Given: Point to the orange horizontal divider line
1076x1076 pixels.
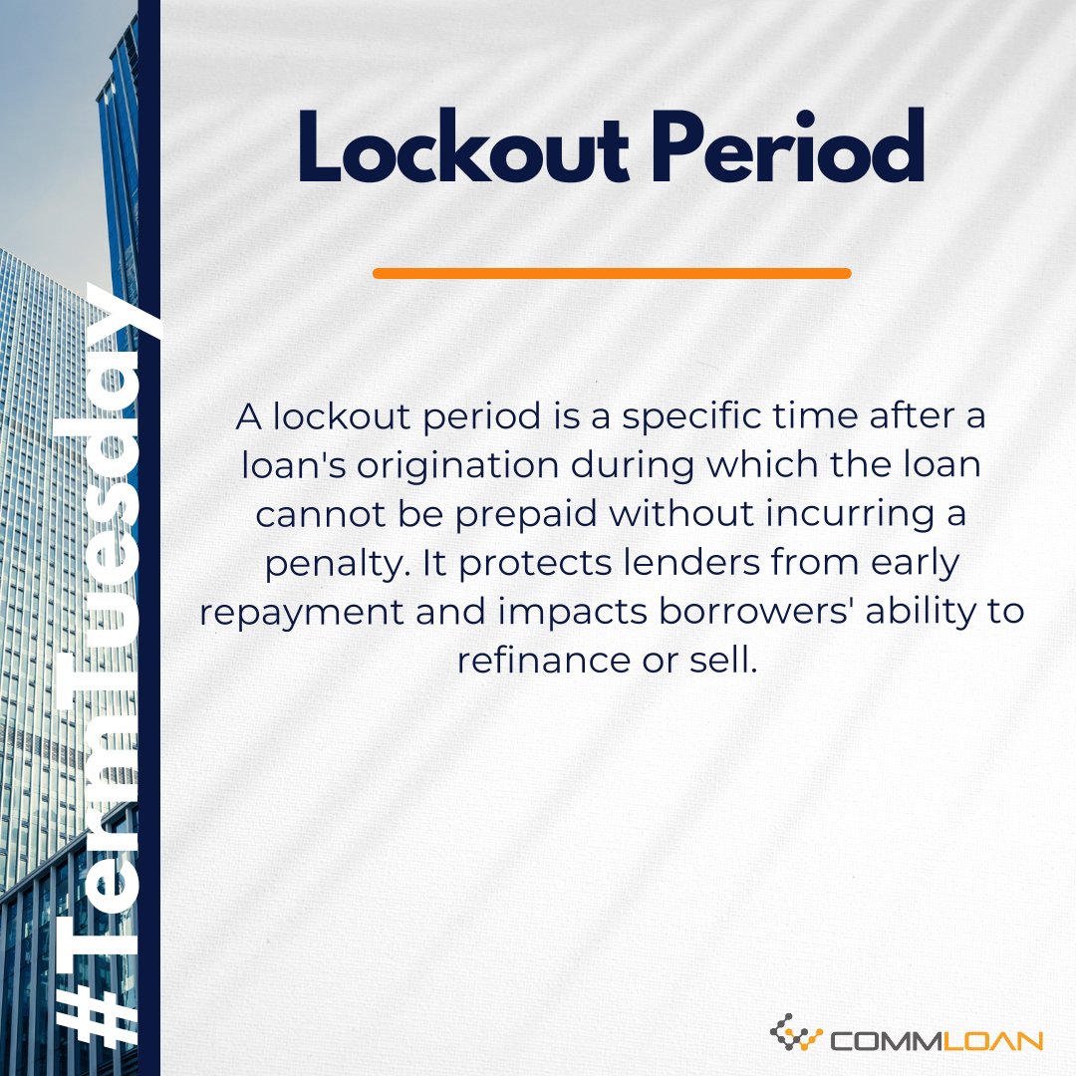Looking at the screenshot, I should pos(612,273).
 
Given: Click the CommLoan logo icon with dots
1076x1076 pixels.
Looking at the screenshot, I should pos(796,1035).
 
